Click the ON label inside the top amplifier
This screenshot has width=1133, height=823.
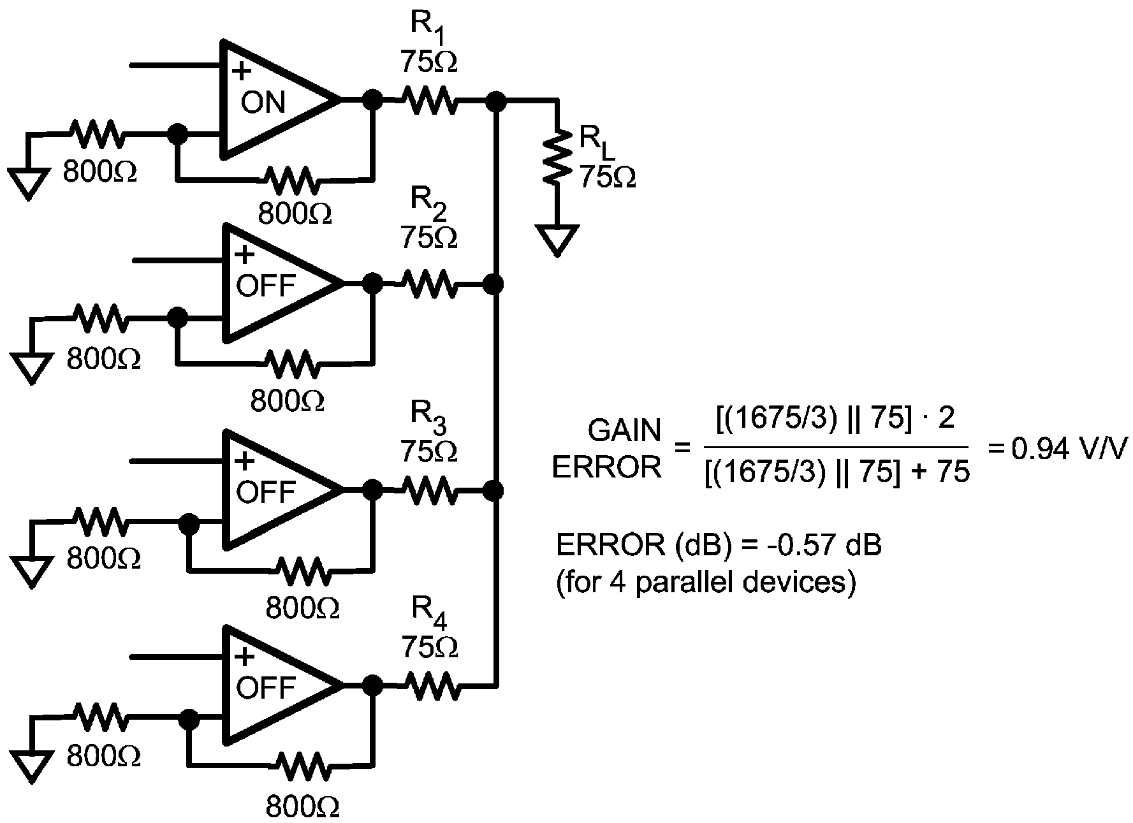[263, 102]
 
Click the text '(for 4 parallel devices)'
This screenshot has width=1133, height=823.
[705, 582]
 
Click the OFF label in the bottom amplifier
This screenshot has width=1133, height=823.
[266, 687]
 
